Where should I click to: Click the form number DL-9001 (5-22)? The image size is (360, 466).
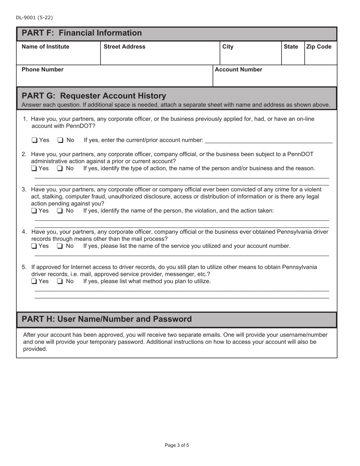tap(34, 17)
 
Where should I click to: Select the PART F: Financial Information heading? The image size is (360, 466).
tap(81, 33)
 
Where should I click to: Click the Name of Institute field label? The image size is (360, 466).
tap(45, 47)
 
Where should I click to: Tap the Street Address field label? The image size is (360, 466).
tap(124, 47)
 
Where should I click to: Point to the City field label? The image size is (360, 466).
tap(228, 47)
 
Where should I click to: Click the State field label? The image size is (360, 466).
tap(291, 47)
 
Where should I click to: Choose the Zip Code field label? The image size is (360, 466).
tap(319, 47)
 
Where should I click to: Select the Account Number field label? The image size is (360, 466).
tap(238, 70)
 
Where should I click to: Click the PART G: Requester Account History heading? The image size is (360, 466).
tap(94, 95)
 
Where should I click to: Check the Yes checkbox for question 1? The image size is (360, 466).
tap(34, 141)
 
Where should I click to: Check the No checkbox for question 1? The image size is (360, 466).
tap(60, 141)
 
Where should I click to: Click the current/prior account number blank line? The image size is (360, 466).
tap(268, 141)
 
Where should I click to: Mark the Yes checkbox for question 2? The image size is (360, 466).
tap(34, 169)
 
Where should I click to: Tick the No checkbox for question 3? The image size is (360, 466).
tap(60, 211)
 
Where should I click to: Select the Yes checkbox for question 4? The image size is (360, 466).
tap(34, 247)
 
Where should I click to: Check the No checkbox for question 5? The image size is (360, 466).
tap(60, 281)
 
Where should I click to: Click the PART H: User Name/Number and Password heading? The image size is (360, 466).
tap(107, 319)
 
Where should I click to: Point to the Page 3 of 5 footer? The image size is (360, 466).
tap(177, 446)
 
